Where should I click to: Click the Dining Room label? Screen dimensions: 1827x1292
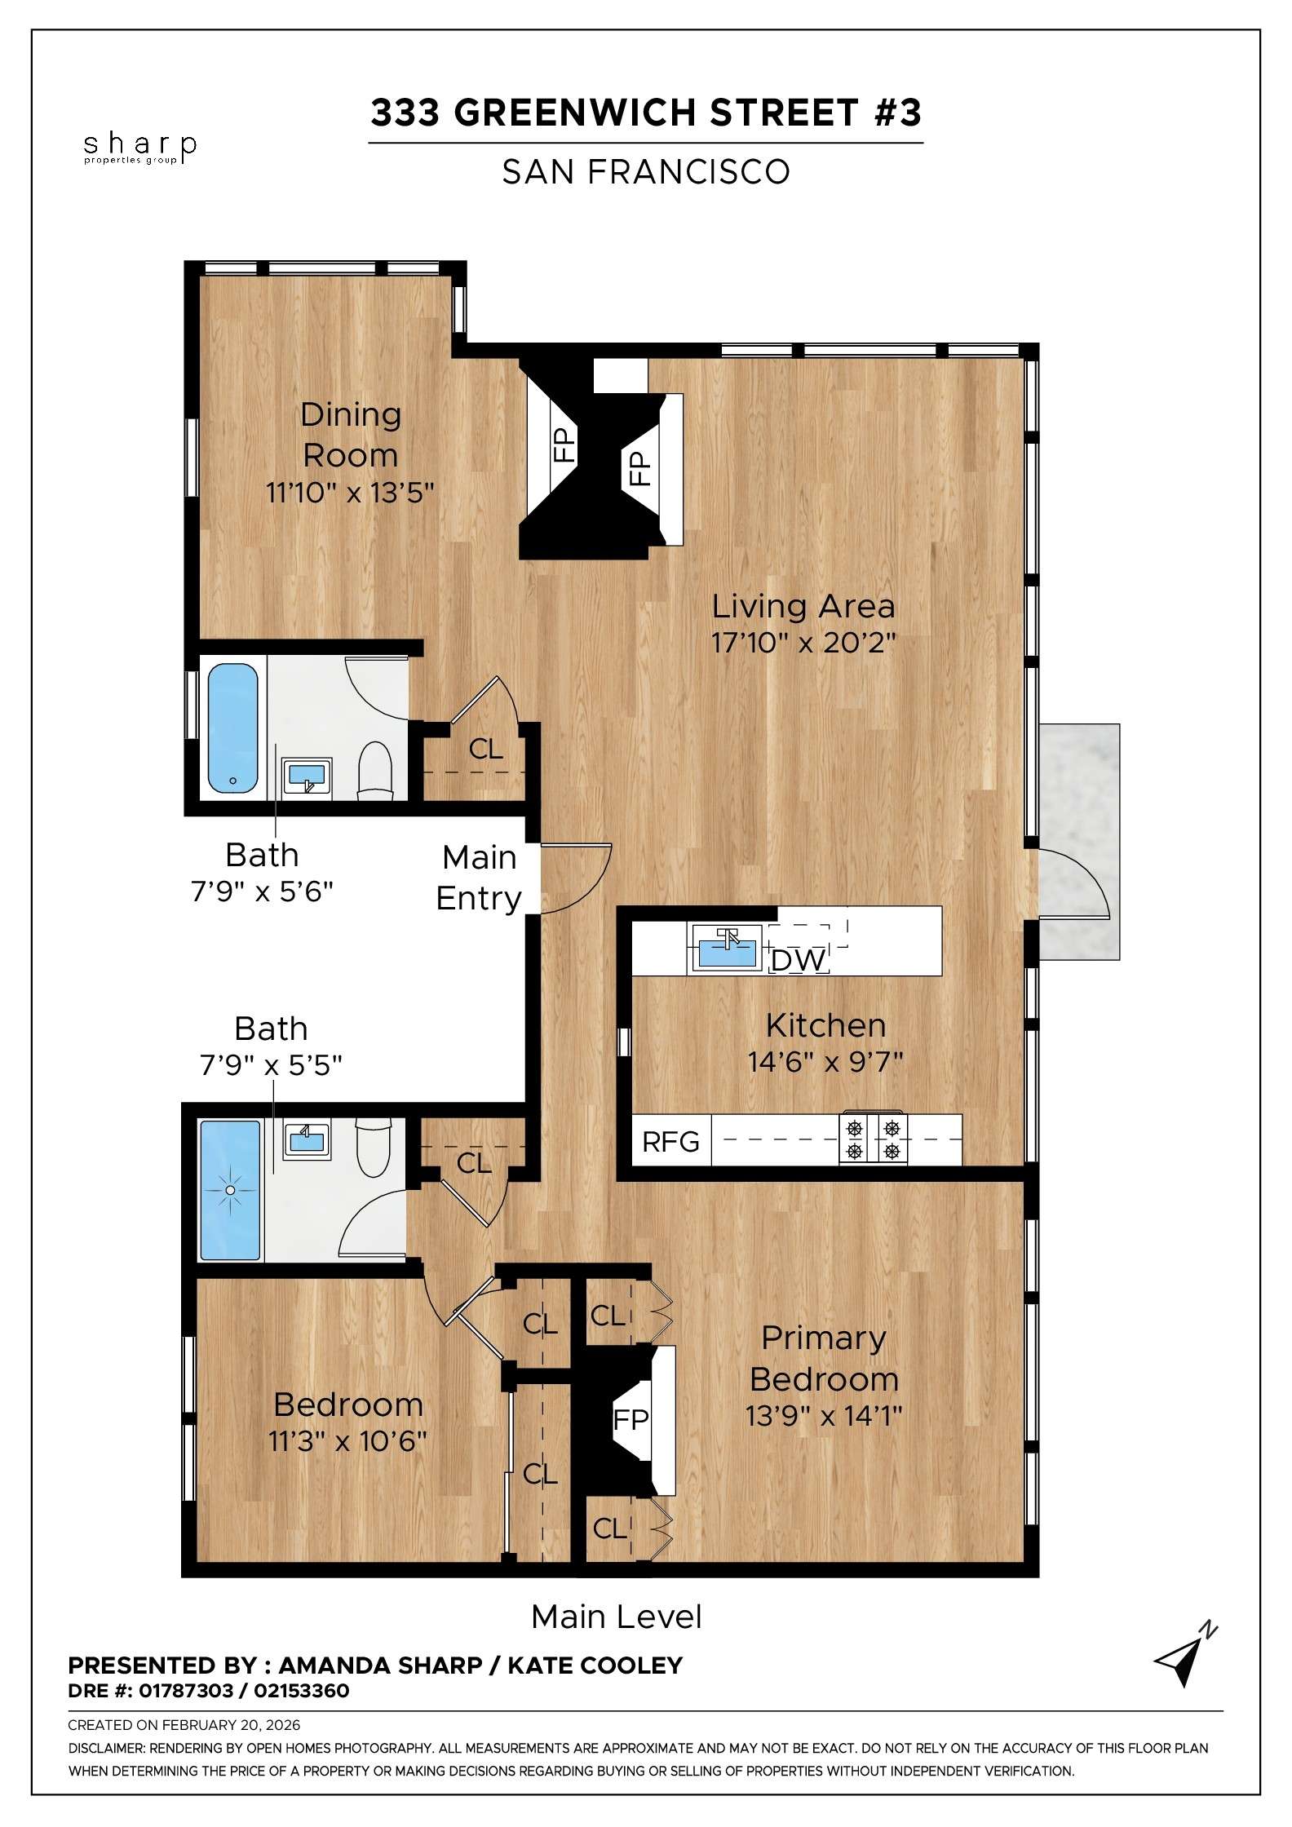point(351,435)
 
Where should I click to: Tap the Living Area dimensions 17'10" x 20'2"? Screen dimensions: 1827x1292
point(803,643)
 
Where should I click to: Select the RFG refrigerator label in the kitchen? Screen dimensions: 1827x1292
point(670,1142)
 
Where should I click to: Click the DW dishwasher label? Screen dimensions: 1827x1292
point(798,961)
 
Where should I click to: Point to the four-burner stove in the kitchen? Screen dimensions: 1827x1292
point(874,1139)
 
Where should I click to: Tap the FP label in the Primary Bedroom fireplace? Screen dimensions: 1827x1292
point(631,1420)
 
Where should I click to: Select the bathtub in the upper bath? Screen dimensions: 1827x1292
point(233,728)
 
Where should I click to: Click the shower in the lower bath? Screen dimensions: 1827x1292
point(230,1190)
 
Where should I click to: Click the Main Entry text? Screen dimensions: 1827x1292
point(480,878)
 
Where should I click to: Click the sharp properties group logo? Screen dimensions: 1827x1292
point(139,148)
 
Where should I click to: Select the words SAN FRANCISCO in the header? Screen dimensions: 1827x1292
point(645,172)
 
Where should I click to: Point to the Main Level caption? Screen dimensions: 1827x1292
point(616,1617)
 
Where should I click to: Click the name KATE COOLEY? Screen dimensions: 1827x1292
point(595,1666)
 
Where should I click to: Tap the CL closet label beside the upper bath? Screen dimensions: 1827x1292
point(485,749)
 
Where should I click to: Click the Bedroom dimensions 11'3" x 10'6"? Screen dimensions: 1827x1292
point(347,1441)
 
